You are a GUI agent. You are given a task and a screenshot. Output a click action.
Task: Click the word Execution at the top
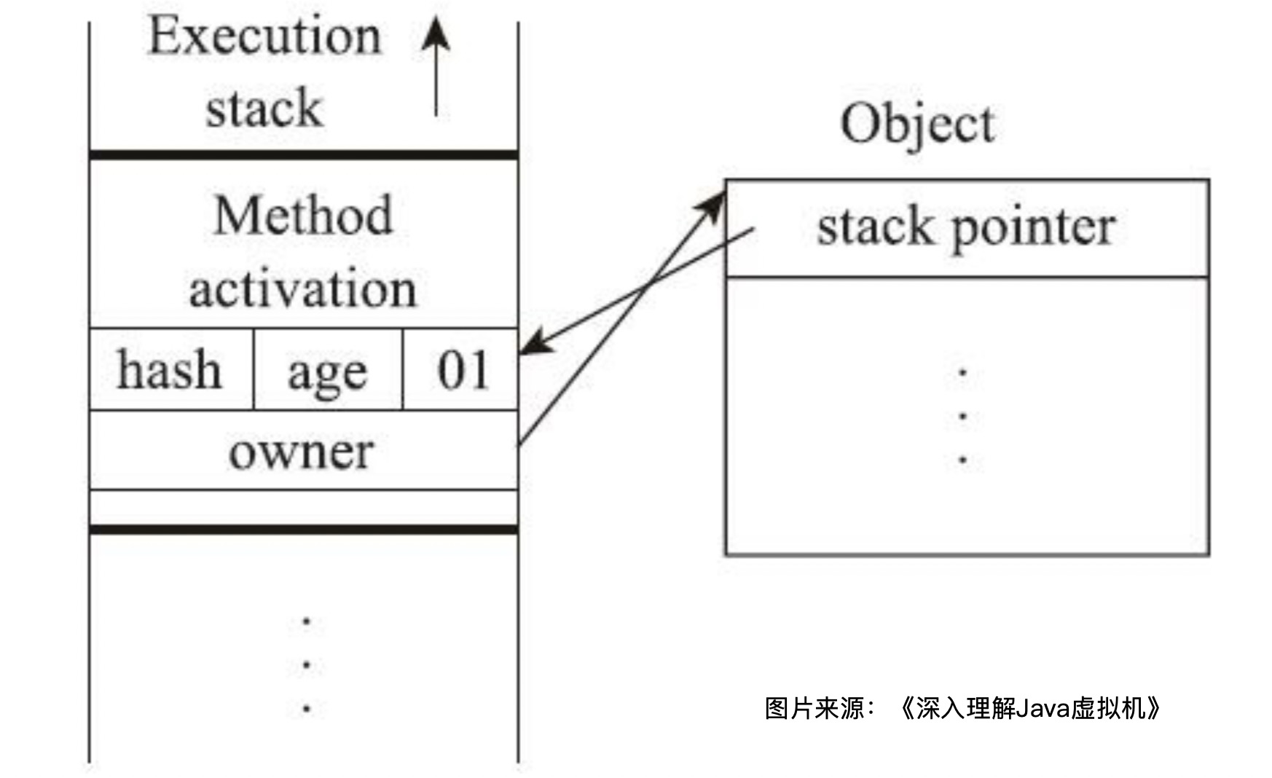264,36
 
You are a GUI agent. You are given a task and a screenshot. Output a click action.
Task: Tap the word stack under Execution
264,109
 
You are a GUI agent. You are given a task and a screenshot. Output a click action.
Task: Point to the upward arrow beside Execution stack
436,66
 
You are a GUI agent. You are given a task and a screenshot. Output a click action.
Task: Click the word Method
303,216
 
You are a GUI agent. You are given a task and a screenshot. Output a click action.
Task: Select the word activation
302,289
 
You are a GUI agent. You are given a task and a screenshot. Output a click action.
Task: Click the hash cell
170,370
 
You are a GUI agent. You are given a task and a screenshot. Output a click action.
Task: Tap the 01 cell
462,370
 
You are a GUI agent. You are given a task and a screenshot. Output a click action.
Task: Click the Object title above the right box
917,124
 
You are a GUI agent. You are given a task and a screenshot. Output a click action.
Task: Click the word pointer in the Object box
1033,228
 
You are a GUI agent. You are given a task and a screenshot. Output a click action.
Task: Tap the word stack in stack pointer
874,228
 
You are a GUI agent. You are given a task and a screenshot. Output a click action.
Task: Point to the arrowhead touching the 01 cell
534,345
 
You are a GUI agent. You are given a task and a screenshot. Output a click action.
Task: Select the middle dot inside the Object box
963,417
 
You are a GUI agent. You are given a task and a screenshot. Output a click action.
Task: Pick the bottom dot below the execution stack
307,708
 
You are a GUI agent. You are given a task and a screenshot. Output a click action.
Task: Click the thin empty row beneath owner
302,507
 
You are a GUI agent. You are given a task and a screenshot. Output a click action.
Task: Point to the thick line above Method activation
302,155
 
